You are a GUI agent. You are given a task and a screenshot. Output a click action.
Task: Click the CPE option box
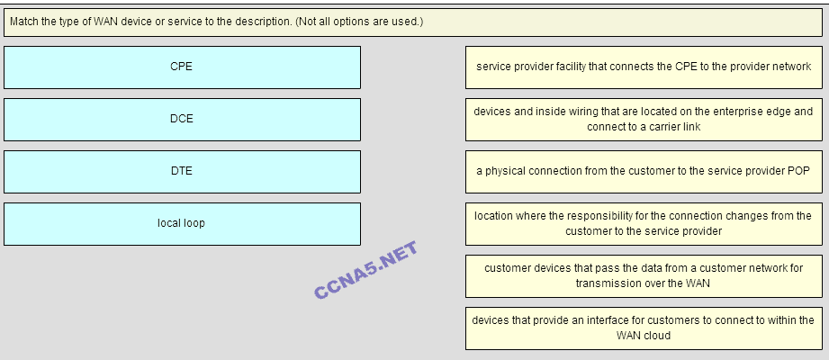pos(182,67)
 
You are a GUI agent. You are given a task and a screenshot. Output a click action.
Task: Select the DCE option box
pos(182,119)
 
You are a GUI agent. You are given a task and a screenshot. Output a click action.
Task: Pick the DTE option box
pos(182,171)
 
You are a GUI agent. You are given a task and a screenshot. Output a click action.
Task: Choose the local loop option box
pos(182,223)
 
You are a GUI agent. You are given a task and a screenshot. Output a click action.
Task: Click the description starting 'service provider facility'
pos(644,67)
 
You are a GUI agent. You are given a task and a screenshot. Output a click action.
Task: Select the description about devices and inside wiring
pos(644,119)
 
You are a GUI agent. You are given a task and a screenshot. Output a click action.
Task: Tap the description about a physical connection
pos(644,171)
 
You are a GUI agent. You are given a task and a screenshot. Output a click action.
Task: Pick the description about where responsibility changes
pos(644,223)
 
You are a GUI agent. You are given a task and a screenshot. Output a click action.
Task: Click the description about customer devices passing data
pos(644,275)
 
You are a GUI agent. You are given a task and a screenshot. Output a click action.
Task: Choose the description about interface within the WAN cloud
pos(644,328)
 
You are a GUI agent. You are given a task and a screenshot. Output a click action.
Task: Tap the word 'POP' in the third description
pos(799,171)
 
